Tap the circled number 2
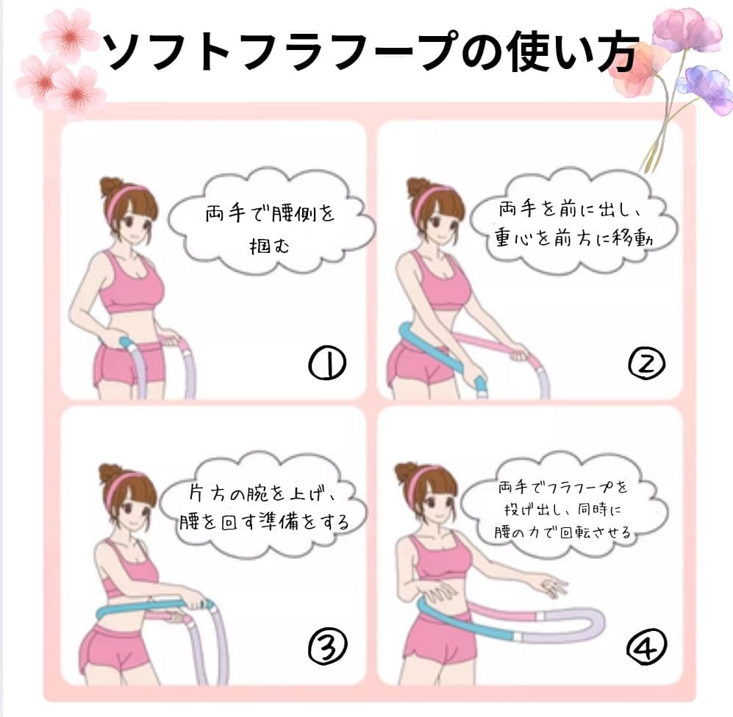[x=647, y=363]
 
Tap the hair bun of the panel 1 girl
[x=111, y=187]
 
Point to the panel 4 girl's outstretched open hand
[x=553, y=585]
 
